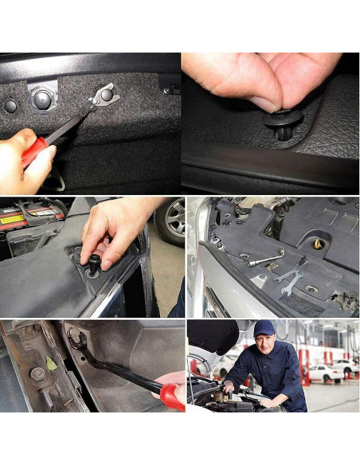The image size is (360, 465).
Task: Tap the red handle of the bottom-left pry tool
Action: [171, 396]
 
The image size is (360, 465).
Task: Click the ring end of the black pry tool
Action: [77, 338]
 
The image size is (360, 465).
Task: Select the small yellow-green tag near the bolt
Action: [51, 364]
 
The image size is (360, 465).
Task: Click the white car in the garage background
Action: [327, 373]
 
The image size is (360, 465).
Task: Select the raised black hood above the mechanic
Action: [213, 335]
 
